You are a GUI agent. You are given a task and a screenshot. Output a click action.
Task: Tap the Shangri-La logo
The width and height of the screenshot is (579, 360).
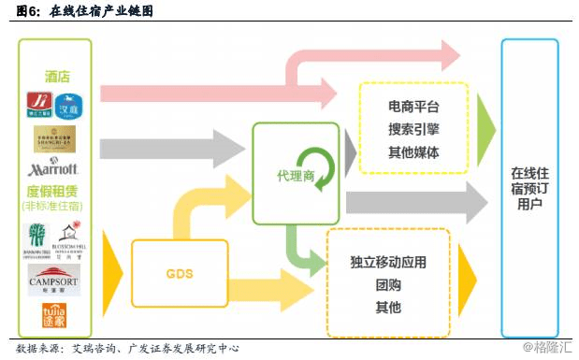pos(56,138)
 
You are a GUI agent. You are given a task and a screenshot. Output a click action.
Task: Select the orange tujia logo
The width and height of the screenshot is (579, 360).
pos(56,314)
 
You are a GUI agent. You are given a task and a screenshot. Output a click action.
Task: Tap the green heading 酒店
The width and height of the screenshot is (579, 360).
pos(56,77)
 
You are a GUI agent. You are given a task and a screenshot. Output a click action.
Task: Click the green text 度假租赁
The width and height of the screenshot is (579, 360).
pos(56,192)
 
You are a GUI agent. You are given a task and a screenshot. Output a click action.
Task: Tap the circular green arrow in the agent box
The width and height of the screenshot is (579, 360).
pos(321,174)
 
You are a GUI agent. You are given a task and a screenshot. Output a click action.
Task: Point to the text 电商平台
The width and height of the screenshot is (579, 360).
pos(413,108)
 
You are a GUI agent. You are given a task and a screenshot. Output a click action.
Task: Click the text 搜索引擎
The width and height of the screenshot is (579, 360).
pos(413,130)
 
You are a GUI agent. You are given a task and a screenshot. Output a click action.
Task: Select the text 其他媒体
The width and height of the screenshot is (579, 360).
pos(413,152)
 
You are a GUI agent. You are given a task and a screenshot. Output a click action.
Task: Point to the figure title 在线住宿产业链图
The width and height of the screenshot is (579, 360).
pos(102,12)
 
